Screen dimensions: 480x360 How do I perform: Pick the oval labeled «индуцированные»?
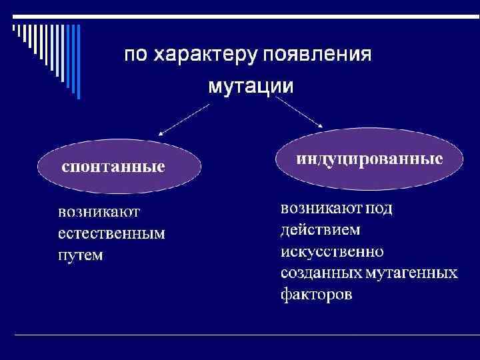(369, 159)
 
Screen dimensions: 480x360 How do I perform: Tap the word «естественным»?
(111, 235)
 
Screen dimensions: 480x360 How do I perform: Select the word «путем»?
(81, 255)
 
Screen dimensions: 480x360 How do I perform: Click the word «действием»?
(321, 230)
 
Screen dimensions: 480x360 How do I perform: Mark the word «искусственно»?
(332, 251)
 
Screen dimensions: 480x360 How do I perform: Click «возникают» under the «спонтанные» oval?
(98, 213)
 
